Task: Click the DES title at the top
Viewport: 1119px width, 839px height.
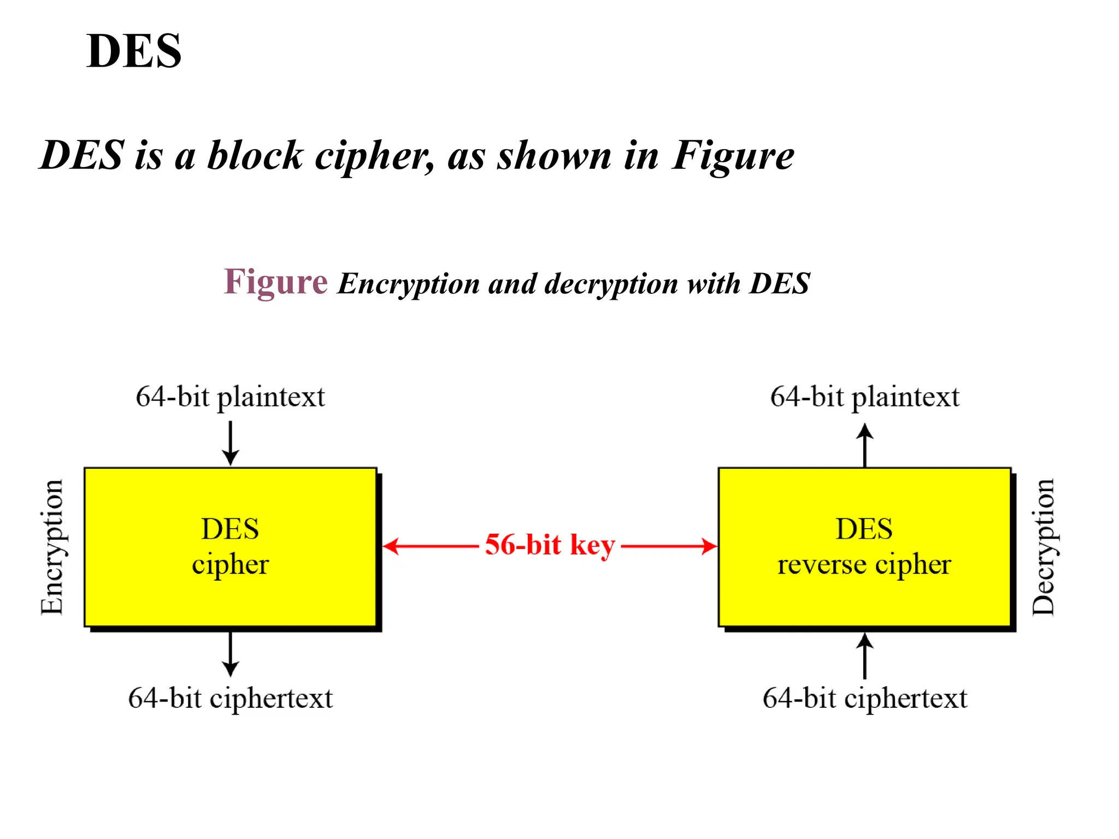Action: click(x=134, y=51)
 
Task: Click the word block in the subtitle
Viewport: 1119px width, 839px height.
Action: click(x=255, y=156)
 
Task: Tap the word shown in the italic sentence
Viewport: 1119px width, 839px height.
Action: click(x=553, y=156)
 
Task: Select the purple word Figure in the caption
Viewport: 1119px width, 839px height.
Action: click(x=275, y=282)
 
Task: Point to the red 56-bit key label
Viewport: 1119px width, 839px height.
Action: click(x=550, y=545)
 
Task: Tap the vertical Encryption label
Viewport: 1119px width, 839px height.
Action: click(x=52, y=547)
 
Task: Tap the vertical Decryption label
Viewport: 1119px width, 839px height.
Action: click(x=1043, y=547)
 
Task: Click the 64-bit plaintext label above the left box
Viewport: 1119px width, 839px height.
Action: click(x=230, y=397)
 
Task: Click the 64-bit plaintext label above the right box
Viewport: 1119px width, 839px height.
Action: click(x=864, y=397)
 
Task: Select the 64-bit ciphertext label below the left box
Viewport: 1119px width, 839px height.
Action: click(x=230, y=699)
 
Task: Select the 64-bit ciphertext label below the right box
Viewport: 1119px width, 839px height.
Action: click(x=864, y=699)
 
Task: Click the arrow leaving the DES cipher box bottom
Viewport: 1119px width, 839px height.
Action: click(x=231, y=654)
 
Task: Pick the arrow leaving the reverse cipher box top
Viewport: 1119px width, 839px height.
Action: click(x=864, y=445)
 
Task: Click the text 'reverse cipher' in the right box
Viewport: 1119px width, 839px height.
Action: click(x=864, y=565)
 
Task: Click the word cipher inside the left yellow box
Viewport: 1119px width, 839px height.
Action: click(x=230, y=565)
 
